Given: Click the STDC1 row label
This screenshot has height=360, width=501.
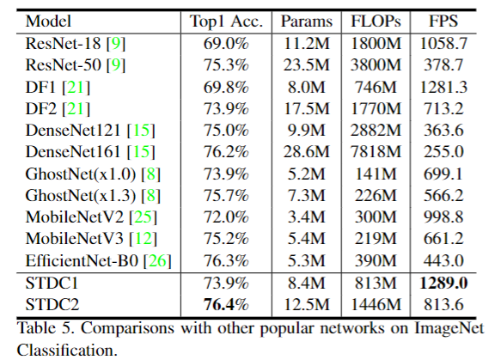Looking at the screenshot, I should (47, 282).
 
